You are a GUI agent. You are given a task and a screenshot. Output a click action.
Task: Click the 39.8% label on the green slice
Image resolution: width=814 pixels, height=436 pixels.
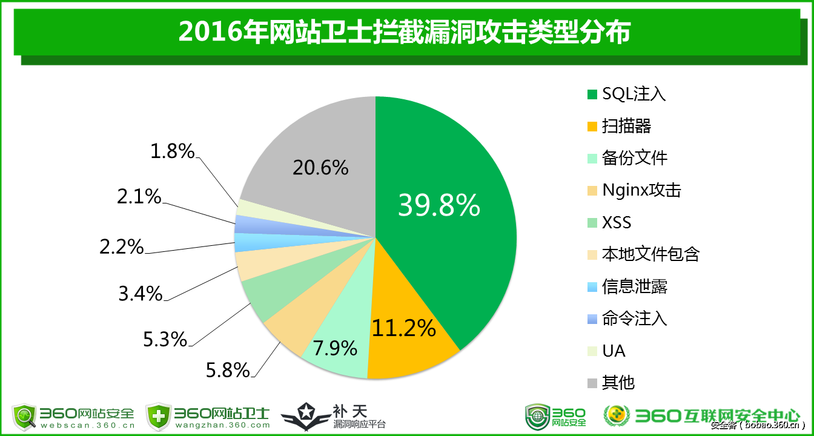coord(438,206)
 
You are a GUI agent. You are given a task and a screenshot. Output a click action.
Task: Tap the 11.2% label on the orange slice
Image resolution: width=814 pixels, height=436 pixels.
coord(403,328)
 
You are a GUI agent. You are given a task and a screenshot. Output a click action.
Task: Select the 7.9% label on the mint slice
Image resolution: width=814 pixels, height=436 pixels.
coord(334,348)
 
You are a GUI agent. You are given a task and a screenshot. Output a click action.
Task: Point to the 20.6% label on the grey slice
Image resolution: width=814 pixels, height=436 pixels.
coord(320,167)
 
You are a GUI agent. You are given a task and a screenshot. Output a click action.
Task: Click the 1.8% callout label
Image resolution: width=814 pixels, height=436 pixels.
coord(173,151)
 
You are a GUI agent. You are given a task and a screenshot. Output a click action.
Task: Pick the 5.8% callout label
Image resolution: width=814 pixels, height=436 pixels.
coord(228,369)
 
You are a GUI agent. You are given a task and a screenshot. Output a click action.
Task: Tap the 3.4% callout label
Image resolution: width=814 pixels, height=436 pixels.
coord(141,294)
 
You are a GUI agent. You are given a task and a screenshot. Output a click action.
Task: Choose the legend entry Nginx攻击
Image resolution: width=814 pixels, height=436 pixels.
coord(641,190)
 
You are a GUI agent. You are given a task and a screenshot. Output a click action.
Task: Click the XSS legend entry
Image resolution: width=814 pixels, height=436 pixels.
coord(617,222)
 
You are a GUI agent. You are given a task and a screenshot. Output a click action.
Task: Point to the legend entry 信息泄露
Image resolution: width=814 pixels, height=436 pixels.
coord(635,286)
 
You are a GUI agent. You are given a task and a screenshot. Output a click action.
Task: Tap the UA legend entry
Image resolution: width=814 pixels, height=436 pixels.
coord(614,351)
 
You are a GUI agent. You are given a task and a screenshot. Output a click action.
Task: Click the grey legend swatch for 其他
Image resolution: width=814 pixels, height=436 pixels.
coord(592,383)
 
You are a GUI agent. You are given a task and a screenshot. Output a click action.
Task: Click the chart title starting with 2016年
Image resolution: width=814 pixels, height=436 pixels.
coord(404,31)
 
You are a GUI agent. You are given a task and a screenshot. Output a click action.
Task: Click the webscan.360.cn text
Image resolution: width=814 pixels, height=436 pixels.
coord(88,425)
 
